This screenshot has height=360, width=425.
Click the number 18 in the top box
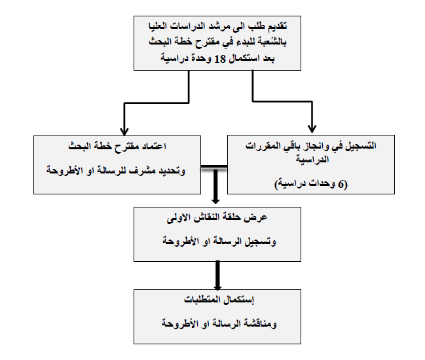220,59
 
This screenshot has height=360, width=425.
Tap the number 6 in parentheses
341,185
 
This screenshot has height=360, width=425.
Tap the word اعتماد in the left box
154,147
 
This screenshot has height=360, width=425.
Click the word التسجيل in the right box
361,146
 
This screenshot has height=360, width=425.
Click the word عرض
259,218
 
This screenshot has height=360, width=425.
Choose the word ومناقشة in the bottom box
260,324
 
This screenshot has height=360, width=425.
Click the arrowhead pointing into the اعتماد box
124,132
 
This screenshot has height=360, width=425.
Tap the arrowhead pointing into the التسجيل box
312,129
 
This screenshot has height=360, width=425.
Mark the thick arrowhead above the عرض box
215,200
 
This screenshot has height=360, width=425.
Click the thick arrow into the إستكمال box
217,275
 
